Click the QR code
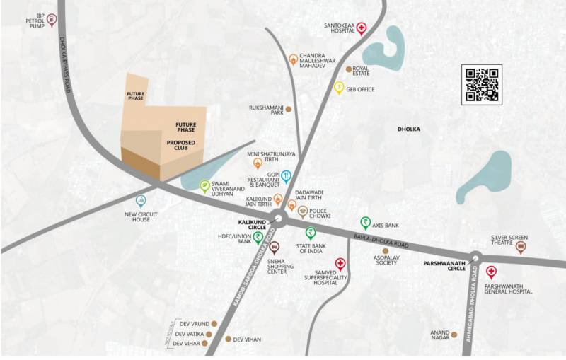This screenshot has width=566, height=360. point(481,84)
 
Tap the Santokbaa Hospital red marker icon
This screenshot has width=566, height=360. point(362,28)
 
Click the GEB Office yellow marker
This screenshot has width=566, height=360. point(339,88)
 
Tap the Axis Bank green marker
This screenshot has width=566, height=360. point(365,222)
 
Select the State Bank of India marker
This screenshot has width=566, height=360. point(310,233)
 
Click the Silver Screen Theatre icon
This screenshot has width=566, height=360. point(521,247)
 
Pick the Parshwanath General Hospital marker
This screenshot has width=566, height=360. point(490,272)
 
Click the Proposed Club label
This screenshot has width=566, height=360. point(181,146)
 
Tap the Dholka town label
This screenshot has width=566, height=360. point(410,129)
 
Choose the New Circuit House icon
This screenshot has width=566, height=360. point(141,201)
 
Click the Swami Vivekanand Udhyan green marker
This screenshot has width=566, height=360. point(204,185)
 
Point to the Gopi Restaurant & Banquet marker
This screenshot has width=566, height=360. point(287,175)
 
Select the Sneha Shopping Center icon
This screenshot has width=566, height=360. point(275,247)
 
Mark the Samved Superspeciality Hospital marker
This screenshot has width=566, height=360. point(340,264)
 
